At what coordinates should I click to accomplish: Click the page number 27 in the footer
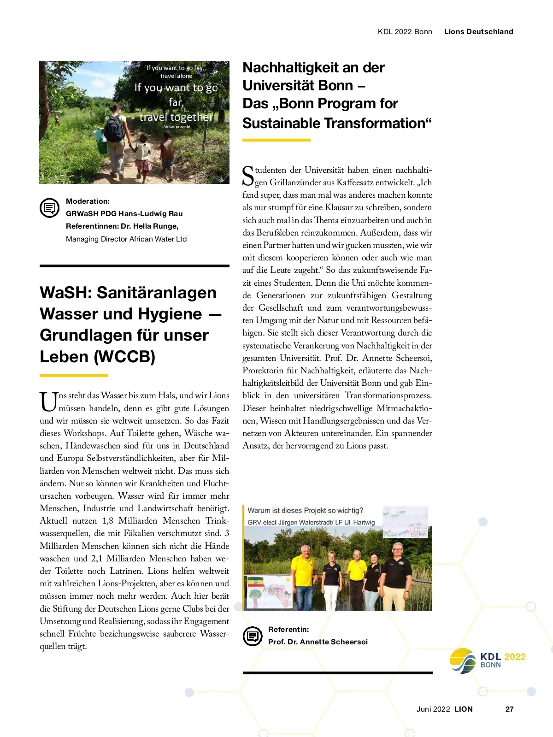coord(509,709)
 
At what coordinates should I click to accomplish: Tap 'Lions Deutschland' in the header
coord(478,32)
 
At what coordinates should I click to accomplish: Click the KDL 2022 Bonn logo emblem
coord(463,660)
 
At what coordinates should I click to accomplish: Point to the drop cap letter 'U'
coord(48,401)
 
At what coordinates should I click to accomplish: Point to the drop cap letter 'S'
coord(248,176)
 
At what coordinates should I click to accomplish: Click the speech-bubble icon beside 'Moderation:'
coord(49,208)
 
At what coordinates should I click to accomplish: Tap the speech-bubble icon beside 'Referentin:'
coord(252,636)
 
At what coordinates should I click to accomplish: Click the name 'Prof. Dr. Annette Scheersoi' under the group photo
coord(318,642)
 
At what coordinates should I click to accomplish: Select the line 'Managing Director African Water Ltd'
coord(126,239)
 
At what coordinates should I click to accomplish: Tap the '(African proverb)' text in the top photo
coord(176,126)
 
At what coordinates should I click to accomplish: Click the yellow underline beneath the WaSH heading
coord(74,376)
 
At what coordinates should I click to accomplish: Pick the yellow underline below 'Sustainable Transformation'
coord(276,140)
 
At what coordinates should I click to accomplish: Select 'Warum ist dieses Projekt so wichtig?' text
coord(305,510)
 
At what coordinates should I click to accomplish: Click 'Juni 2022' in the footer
coord(433,709)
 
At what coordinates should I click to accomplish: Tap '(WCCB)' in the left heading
coord(124,357)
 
